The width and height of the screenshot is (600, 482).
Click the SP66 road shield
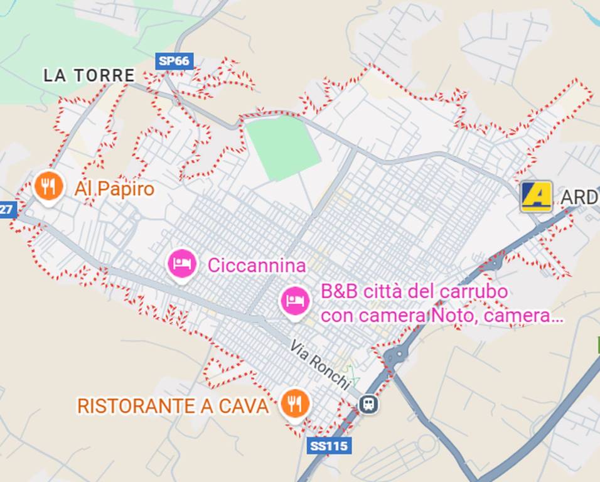(x=174, y=61)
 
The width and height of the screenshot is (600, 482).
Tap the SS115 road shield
(x=329, y=446)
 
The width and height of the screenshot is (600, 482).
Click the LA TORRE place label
(x=88, y=76)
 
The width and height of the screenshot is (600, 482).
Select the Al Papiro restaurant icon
(x=48, y=186)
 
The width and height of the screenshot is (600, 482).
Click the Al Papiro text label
(x=114, y=189)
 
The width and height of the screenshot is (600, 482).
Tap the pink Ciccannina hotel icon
(x=182, y=264)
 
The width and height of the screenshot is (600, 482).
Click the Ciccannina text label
(x=257, y=265)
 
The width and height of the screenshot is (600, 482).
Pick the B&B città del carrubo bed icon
(x=294, y=302)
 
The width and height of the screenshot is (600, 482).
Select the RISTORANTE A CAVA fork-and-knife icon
(x=292, y=403)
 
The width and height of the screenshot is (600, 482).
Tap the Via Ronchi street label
(x=319, y=364)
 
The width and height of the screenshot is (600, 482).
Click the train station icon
(x=369, y=404)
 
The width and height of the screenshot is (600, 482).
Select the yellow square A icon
(x=537, y=196)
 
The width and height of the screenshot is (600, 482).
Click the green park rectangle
(x=282, y=147)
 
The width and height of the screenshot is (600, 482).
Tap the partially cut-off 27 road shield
(x=6, y=209)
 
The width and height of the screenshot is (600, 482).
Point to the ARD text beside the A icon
(x=579, y=198)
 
